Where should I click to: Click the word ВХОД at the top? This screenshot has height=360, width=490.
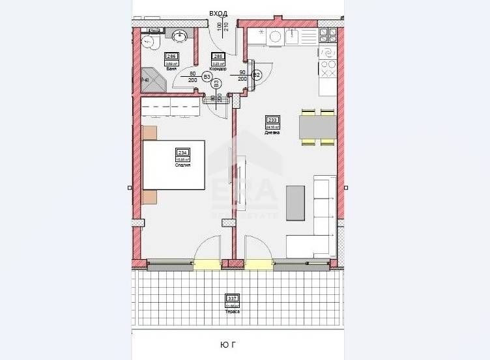pyautogui.click(x=218, y=12)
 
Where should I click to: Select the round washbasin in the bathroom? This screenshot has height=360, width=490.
pyautogui.click(x=180, y=35)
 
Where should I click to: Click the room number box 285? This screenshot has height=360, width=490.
pyautogui.click(x=219, y=56)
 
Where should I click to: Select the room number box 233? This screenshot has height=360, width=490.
pyautogui.click(x=272, y=120)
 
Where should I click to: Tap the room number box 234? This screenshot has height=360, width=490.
pyautogui.click(x=182, y=153)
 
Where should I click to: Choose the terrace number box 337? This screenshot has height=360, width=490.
pyautogui.click(x=233, y=299)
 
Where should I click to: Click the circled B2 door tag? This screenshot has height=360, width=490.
pyautogui.click(x=257, y=75)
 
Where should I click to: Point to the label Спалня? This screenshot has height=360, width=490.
pyautogui.click(x=182, y=165)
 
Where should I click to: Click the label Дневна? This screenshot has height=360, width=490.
pyautogui.click(x=272, y=132)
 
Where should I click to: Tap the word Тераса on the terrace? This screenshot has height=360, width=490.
pyautogui.click(x=233, y=311)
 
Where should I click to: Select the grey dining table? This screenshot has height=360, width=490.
pyautogui.click(x=317, y=126)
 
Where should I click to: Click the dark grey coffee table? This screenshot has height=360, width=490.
pyautogui.click(x=295, y=202)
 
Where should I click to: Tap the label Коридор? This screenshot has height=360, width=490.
pyautogui.click(x=219, y=68)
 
